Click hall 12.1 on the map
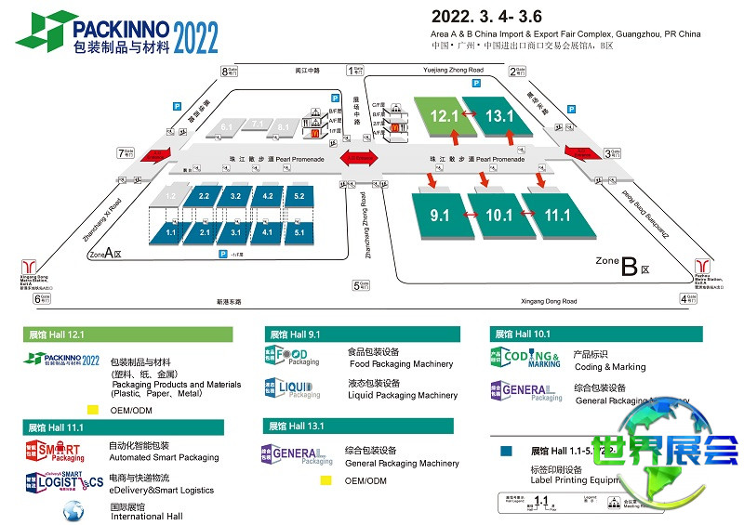coord(444,116)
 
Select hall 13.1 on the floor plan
coord(498,116)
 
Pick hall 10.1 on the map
coord(498,216)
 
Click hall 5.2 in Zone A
coord(299,197)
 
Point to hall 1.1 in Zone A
coord(170,232)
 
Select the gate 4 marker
coord(688,298)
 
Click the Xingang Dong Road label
coord(548,301)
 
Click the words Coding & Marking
coord(609,367)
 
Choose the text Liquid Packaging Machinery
coord(402,396)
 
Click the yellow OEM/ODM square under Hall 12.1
coord(92,409)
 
